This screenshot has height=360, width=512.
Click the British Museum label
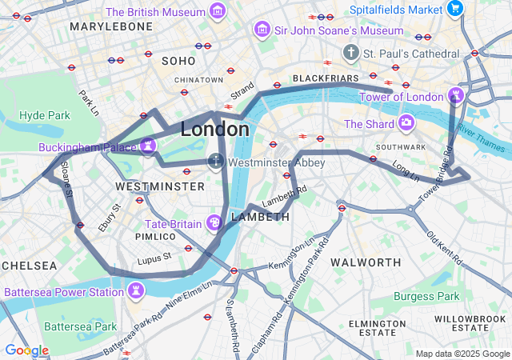point(156,12)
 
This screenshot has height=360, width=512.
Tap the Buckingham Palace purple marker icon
point(147,145)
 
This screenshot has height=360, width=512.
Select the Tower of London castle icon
point(456,97)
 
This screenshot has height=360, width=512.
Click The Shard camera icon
point(406,124)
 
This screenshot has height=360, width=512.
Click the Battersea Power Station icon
point(135,291)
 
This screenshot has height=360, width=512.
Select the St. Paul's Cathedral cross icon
point(350,53)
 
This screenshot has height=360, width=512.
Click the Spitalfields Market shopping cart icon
point(455,10)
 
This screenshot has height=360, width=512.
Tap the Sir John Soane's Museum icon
point(261,30)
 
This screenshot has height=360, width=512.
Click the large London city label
point(214,129)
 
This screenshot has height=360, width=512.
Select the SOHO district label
point(178,61)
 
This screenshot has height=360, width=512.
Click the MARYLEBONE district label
point(110,26)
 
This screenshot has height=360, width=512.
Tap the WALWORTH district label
point(366,262)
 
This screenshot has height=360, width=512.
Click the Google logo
point(26,350)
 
